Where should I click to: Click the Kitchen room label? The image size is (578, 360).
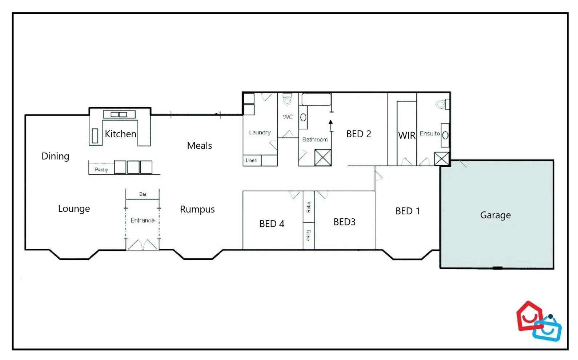pyautogui.click(x=120, y=134)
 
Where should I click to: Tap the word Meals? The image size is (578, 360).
pyautogui.click(x=199, y=146)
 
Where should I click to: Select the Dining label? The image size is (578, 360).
pyautogui.click(x=55, y=156)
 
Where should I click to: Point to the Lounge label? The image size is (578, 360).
pyautogui.click(x=74, y=209)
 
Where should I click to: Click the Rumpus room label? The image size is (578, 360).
pyautogui.click(x=197, y=209)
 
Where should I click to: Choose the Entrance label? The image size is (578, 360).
pyautogui.click(x=142, y=221)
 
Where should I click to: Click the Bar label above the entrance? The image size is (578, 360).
pyautogui.click(x=143, y=194)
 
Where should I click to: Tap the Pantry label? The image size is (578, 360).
pyautogui.click(x=101, y=170)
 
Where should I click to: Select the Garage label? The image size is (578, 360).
pyautogui.click(x=495, y=215)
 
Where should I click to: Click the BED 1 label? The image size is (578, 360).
pyautogui.click(x=408, y=211)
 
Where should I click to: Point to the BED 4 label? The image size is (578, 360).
pyautogui.click(x=272, y=224)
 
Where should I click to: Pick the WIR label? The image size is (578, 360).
pyautogui.click(x=406, y=135)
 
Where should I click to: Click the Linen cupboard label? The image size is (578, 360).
pyautogui.click(x=251, y=160)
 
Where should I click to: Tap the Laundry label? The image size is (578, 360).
pyautogui.click(x=260, y=133)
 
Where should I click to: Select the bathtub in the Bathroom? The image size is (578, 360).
pyautogui.click(x=316, y=100)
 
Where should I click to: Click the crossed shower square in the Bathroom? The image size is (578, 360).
pyautogui.click(x=322, y=158)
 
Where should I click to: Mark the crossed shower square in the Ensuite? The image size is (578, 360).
pyautogui.click(x=441, y=159)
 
